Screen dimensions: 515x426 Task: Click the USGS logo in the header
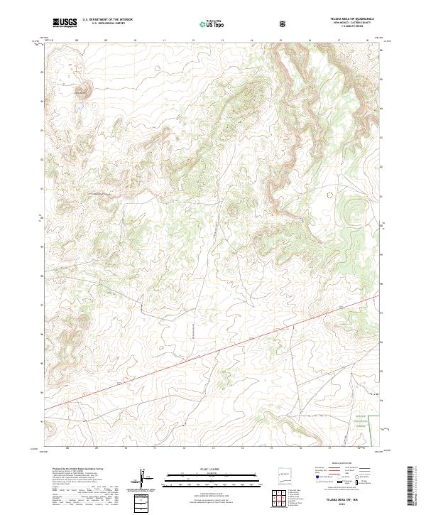click(64, 23)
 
